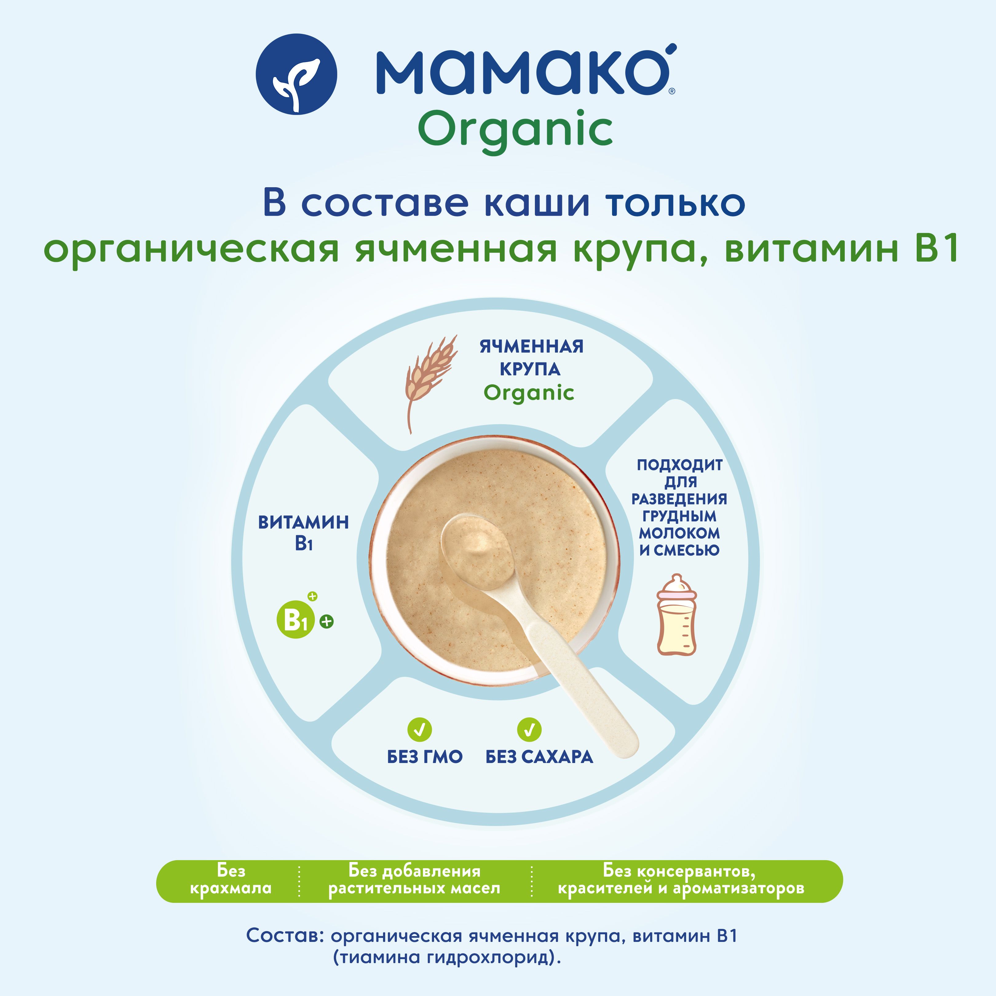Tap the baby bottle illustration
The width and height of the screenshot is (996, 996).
click(x=676, y=615)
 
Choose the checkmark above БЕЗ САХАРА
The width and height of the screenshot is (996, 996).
click(x=529, y=729)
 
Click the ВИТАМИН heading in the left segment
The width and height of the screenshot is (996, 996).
click(x=304, y=522)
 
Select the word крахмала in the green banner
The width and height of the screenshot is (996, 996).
click(x=231, y=888)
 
